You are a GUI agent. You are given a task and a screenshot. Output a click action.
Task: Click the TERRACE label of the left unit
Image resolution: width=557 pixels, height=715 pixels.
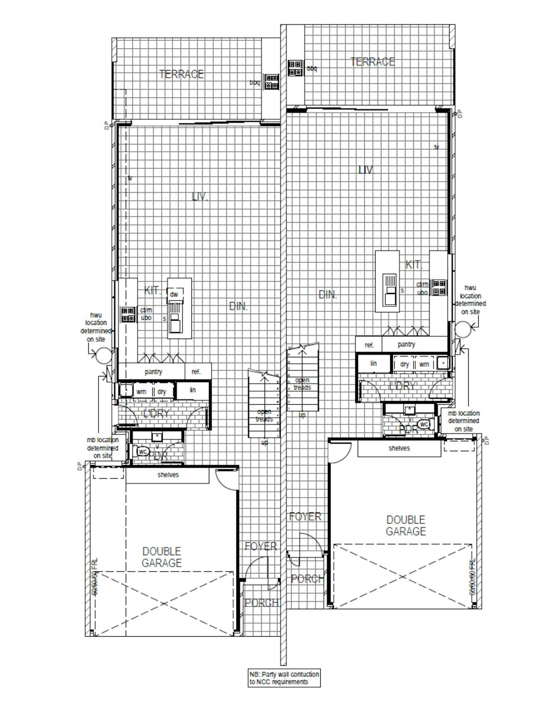point(181,74)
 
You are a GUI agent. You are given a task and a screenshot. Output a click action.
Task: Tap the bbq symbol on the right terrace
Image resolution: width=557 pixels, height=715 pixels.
point(295,68)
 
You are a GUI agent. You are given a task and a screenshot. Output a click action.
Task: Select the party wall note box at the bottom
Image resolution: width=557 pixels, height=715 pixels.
point(284,678)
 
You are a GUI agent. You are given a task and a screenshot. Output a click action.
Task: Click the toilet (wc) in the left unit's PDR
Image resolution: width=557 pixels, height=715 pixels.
point(142,452)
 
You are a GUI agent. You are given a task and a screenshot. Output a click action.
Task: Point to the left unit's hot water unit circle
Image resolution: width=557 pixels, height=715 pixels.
point(103,355)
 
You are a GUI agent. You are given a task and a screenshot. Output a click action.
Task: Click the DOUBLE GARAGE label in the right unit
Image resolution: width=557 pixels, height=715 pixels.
point(406,525)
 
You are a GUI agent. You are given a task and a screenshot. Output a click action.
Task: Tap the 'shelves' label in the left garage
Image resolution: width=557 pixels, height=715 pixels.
point(168,475)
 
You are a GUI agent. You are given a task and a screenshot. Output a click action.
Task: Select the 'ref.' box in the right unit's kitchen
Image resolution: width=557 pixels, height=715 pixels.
point(369,345)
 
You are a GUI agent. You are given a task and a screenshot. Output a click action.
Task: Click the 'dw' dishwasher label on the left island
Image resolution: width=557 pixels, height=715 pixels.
point(174,294)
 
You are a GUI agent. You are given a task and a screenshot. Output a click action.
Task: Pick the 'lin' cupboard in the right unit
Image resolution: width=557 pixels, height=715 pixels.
point(374,364)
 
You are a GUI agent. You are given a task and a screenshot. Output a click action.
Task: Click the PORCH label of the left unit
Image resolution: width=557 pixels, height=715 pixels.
point(261,603)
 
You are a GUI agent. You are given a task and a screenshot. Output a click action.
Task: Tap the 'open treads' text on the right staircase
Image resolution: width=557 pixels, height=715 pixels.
point(302,384)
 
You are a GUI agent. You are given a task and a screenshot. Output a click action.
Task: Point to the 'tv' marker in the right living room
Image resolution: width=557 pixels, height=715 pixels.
point(436,147)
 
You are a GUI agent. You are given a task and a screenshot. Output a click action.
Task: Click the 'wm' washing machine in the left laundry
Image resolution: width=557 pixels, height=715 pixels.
point(141,392)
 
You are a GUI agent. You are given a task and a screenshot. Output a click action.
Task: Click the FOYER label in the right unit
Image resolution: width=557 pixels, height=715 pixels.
point(305,516)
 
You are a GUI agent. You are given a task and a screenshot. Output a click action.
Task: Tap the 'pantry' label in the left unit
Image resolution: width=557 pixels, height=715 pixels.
point(153,372)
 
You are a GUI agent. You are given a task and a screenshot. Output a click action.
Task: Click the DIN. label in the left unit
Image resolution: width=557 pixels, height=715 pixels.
point(238,306)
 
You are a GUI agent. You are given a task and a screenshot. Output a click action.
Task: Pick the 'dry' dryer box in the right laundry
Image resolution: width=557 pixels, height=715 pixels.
point(405,364)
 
